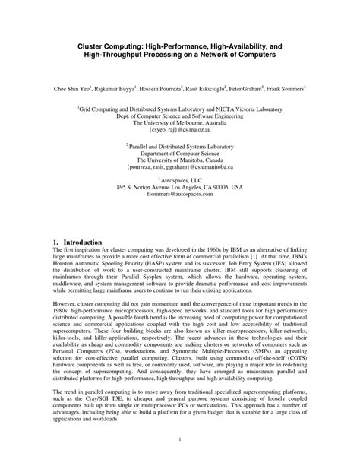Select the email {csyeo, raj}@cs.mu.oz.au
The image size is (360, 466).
pos(179,130)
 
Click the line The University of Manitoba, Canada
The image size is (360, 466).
pos(179,160)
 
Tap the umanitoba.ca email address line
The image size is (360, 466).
pos(179,168)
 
